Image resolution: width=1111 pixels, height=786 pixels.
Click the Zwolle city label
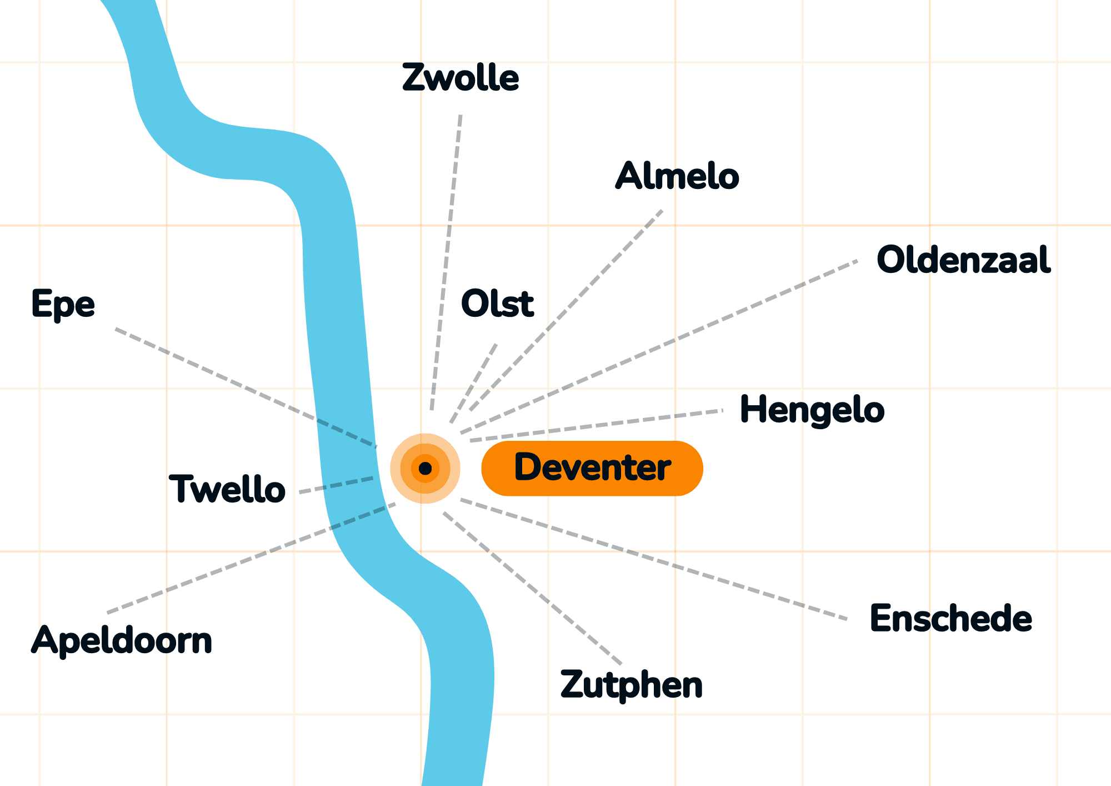pyautogui.click(x=461, y=77)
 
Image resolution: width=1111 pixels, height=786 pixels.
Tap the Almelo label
pyautogui.click(x=677, y=176)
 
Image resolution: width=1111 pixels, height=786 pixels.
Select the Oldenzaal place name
pyautogui.click(x=964, y=260)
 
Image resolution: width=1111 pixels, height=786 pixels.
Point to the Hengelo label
pyautogui.click(x=812, y=410)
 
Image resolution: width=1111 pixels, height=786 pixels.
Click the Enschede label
pyautogui.click(x=951, y=618)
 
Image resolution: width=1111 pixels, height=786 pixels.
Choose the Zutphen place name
pyautogui.click(x=632, y=685)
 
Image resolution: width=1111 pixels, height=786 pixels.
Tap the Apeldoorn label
pyautogui.click(x=122, y=640)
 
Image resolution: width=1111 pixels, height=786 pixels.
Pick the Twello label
pyautogui.click(x=227, y=489)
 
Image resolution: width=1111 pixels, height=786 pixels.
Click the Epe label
pyautogui.click(x=63, y=305)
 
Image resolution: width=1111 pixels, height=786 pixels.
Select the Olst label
pyautogui.click(x=498, y=304)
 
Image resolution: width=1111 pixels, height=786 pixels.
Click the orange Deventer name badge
pyautogui.click(x=592, y=468)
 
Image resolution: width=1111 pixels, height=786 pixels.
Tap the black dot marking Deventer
pyautogui.click(x=426, y=469)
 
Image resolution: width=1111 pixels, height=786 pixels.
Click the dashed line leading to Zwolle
pyautogui.click(x=446, y=262)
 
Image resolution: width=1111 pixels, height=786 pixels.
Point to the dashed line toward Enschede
pyautogui.click(x=654, y=559)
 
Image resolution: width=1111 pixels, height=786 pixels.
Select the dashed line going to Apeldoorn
pyautogui.click(x=251, y=558)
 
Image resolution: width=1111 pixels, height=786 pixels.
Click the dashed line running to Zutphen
pyautogui.click(x=532, y=588)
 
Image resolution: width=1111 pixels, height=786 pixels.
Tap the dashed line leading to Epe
pyautogui.click(x=246, y=388)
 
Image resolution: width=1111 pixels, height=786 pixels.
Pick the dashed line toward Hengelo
pyautogui.click(x=597, y=426)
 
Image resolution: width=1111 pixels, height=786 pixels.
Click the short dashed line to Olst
pyautogui.click(x=474, y=384)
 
